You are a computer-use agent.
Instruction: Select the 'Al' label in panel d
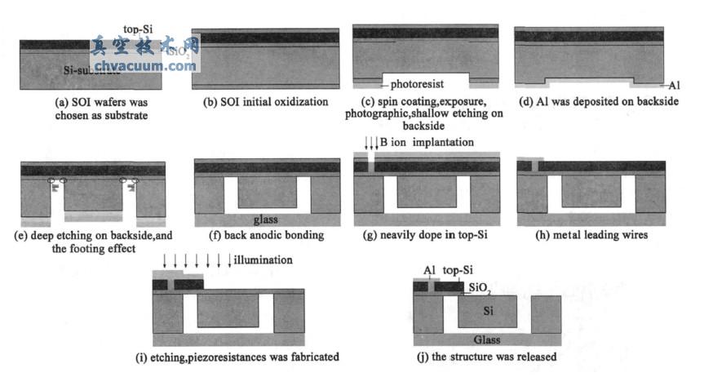(673, 85)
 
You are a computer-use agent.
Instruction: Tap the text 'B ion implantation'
(427, 143)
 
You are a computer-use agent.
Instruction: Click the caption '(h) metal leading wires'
(592, 235)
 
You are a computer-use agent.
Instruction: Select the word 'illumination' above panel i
(263, 261)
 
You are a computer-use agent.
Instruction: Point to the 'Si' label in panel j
(489, 311)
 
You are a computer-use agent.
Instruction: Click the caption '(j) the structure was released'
(487, 357)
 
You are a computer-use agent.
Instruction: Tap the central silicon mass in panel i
(228, 310)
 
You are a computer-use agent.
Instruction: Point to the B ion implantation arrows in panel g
(371, 144)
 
